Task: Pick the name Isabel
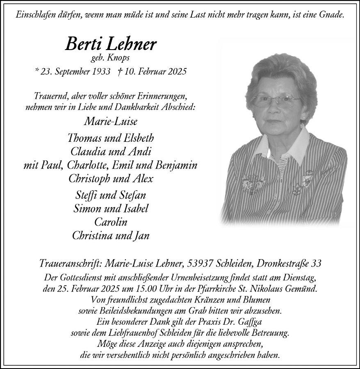[x=133, y=208]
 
